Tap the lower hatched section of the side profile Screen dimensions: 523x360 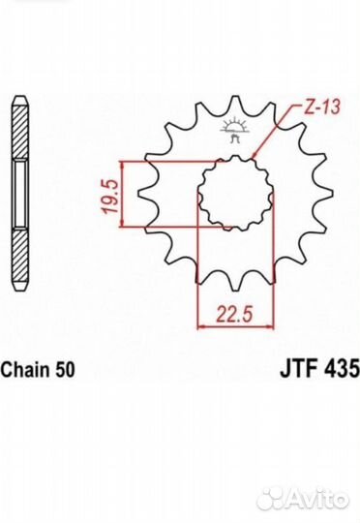pos(19,254)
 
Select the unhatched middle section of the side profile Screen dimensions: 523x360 pos(19,193)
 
